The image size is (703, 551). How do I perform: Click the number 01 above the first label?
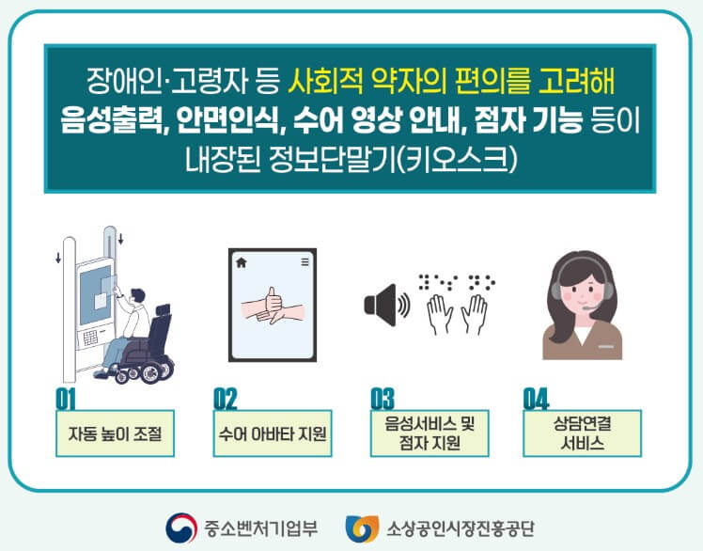[x=66, y=399]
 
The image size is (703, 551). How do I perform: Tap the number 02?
[x=226, y=399]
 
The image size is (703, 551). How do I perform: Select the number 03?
[x=382, y=399]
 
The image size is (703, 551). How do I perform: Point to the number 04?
[x=536, y=399]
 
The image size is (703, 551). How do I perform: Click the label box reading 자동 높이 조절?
[x=116, y=434]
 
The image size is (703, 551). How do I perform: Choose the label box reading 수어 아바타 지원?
[x=273, y=434]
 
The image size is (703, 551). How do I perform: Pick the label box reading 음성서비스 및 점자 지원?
[x=429, y=433]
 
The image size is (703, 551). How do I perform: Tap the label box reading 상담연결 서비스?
[x=582, y=433]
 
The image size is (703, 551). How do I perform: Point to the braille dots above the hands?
[x=456, y=280]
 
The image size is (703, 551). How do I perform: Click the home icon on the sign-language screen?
[x=241, y=262]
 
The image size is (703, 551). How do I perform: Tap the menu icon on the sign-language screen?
[x=305, y=262]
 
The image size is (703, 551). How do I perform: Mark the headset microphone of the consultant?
[x=586, y=307]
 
